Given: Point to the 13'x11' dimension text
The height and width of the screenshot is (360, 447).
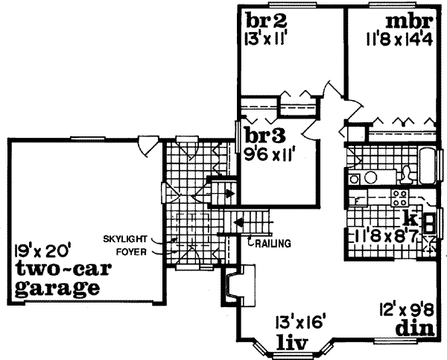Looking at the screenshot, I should [262, 37].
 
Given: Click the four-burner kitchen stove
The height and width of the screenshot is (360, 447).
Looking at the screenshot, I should [400, 198].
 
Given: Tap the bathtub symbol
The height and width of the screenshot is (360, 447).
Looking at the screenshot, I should [431, 167].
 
